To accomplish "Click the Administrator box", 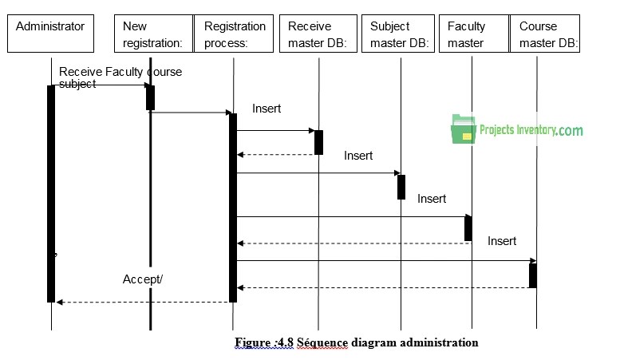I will (50, 34).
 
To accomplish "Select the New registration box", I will (153, 34).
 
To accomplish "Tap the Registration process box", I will (233, 34).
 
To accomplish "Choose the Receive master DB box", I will (317, 34).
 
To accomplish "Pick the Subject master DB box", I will (400, 34).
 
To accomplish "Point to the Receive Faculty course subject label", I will (120, 77).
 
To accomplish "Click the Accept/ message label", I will (143, 279).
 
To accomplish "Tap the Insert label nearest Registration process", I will (267, 109).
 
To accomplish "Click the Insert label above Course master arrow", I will (502, 241).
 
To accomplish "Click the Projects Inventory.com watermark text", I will (531, 130).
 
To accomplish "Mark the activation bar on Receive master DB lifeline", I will (318, 142).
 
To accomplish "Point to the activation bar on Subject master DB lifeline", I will (401, 187).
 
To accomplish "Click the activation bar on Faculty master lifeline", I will (468, 228).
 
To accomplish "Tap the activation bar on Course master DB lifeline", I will (533, 275).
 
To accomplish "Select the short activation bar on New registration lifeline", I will (150, 97).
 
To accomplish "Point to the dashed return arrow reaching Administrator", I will (144, 302).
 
